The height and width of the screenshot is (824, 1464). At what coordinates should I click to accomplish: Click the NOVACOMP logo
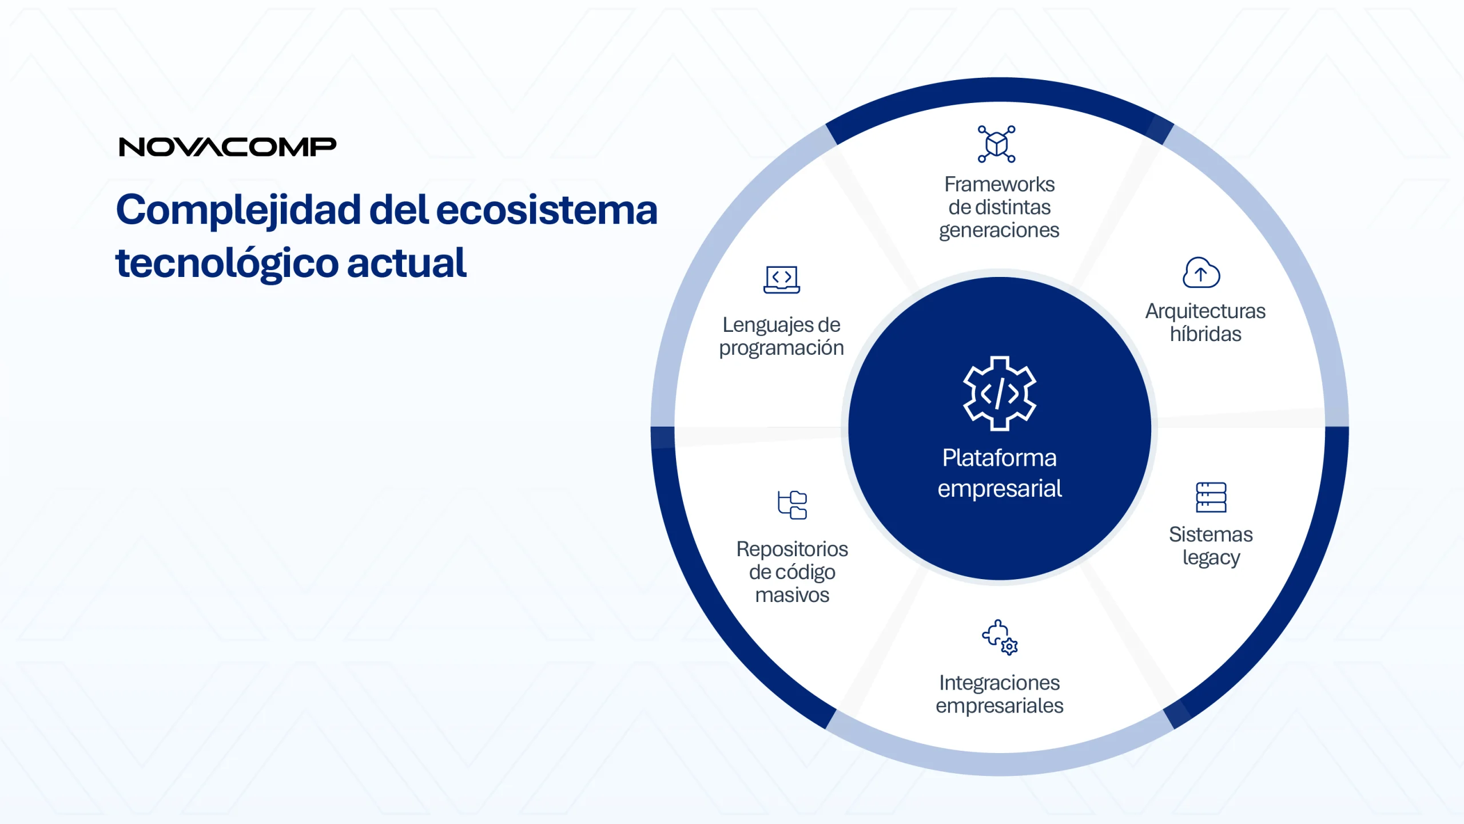point(228,147)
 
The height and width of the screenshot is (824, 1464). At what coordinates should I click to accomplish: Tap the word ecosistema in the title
point(547,210)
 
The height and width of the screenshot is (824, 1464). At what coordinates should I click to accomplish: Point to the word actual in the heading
point(407,263)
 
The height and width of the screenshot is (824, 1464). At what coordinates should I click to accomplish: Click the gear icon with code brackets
point(999,394)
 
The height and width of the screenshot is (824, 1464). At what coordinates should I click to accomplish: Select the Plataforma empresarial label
point(999,473)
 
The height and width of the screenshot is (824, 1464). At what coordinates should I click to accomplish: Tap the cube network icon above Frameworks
point(996,144)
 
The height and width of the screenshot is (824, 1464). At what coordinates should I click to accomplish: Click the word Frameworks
point(999,184)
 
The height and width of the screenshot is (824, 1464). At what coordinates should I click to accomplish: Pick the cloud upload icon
point(1201,272)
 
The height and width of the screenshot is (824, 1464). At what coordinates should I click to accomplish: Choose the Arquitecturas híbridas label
point(1205,322)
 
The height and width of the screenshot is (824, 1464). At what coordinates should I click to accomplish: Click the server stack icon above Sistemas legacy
point(1211,497)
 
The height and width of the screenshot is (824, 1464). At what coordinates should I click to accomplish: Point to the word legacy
point(1211,558)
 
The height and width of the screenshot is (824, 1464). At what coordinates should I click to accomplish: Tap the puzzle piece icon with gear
point(1000,637)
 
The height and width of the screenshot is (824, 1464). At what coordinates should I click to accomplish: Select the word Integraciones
point(999,683)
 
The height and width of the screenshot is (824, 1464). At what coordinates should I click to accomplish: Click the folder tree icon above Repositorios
point(792,505)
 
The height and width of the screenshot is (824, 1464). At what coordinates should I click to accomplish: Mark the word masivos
point(792,595)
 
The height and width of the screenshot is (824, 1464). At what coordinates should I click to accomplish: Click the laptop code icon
point(781,280)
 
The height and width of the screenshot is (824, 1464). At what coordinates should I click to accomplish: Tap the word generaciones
point(999,231)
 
